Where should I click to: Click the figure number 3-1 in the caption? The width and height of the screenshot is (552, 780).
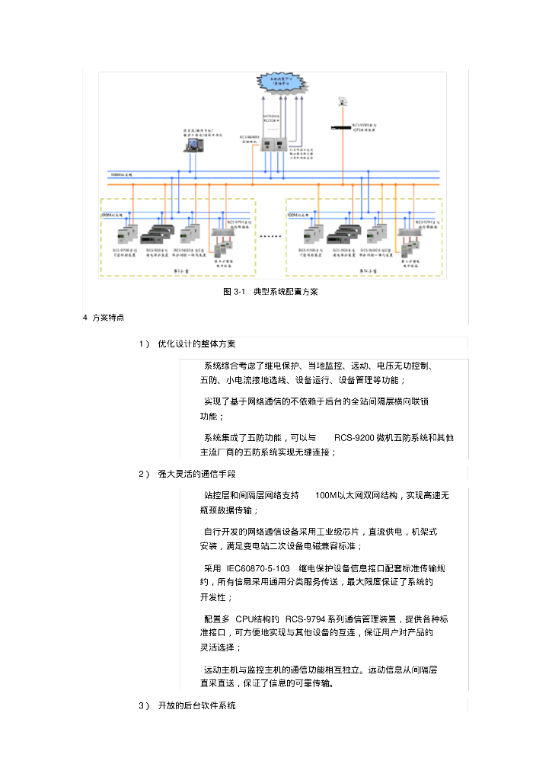[x=237, y=292]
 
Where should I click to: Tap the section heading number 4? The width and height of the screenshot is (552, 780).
[x=85, y=317]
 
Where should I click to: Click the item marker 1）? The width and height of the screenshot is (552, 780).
[x=144, y=344]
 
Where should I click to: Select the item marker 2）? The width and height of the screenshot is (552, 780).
[x=144, y=475]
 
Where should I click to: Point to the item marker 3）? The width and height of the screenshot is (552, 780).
[x=144, y=706]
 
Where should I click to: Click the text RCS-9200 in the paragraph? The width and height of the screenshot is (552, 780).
[x=354, y=438]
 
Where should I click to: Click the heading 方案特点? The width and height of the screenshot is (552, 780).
[x=109, y=317]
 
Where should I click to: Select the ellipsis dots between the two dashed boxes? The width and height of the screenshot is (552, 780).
[x=270, y=237]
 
